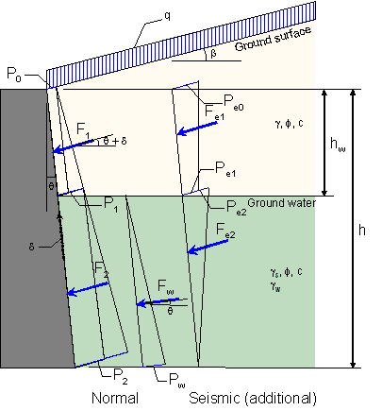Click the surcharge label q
(x=167, y=17)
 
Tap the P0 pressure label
(x=14, y=74)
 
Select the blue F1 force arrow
(x=73, y=146)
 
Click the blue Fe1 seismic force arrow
(x=197, y=128)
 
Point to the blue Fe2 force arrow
(x=208, y=247)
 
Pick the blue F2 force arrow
(x=88, y=289)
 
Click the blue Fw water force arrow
(x=158, y=302)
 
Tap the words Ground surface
(x=274, y=39)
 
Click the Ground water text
(x=281, y=203)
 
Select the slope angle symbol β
(x=213, y=54)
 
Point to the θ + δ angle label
(x=115, y=141)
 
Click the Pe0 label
(x=233, y=103)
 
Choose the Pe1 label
(x=225, y=169)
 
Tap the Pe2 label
(x=237, y=208)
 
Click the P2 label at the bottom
(x=121, y=376)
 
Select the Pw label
(x=177, y=380)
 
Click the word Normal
(x=115, y=398)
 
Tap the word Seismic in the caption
(x=214, y=398)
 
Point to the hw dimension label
(x=338, y=144)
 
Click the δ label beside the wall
(x=31, y=247)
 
